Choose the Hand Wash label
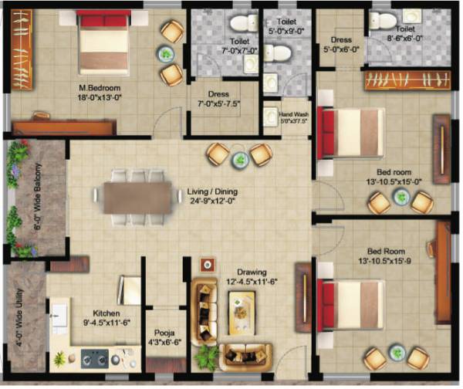(292, 115)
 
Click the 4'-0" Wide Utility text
(18, 316)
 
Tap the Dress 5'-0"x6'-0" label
(341, 44)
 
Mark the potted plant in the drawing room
(207, 356)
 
